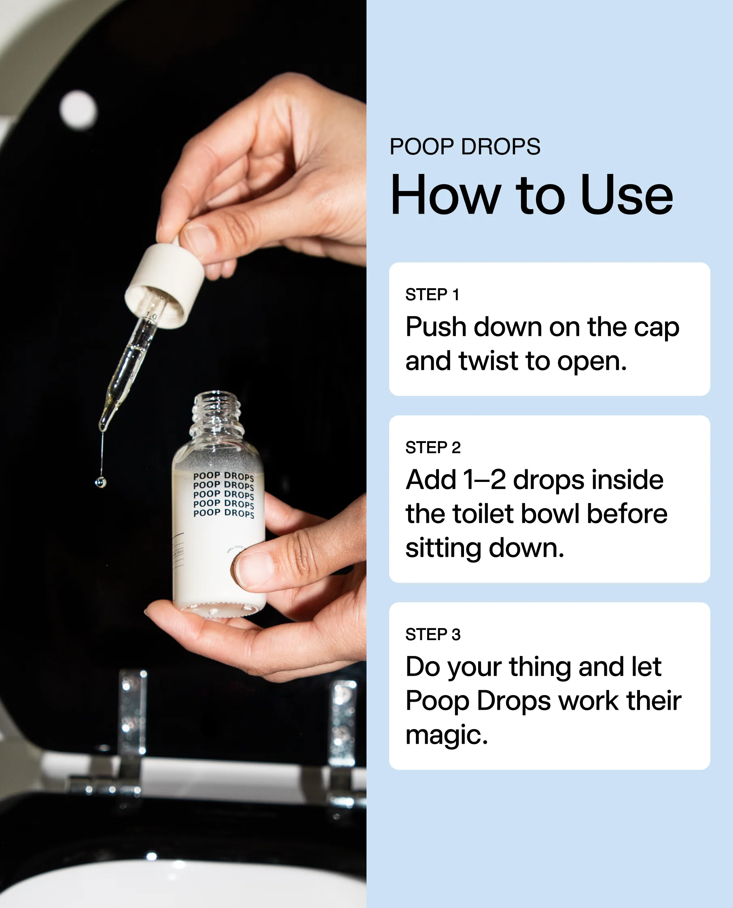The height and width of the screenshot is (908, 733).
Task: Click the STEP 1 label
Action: (432, 294)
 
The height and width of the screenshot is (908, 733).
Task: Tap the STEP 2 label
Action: (433, 447)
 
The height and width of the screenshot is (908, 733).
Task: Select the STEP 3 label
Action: (433, 634)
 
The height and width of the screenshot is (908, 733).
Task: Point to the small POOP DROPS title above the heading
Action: (464, 146)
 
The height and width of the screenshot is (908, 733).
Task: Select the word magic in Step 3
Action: (446, 735)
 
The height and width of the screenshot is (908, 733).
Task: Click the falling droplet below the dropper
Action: (100, 482)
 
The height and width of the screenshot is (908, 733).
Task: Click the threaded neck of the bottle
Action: (216, 414)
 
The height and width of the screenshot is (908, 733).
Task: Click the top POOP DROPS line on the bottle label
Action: (223, 476)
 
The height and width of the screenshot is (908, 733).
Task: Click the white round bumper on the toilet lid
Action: (78, 109)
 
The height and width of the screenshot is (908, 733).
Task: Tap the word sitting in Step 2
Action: (443, 548)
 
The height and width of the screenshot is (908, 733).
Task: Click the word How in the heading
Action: (445, 195)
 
